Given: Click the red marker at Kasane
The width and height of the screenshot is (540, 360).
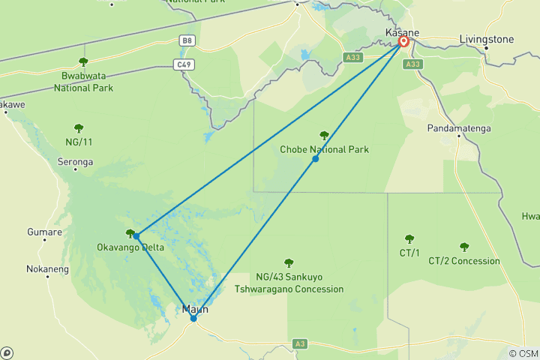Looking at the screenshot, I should click(x=403, y=42).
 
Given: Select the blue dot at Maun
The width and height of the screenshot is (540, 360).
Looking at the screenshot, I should click(x=193, y=318).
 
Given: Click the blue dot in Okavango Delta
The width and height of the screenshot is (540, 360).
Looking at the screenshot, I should click(x=136, y=235).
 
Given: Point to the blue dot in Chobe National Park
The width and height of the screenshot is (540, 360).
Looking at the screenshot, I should click(x=316, y=158).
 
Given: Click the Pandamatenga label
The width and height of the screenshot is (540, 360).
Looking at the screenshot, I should click(x=459, y=128).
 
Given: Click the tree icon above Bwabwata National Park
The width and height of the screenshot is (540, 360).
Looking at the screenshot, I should click(x=83, y=61).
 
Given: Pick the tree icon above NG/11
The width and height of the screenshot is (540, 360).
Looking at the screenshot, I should click(x=79, y=128).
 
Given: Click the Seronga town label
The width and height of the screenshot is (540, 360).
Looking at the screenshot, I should click(x=75, y=161).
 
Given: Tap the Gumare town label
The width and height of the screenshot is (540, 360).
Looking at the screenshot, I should click(x=44, y=232).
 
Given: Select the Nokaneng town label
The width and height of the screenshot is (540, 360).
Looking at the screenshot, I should click(x=47, y=268).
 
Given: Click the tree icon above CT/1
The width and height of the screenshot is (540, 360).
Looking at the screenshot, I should click(x=409, y=239).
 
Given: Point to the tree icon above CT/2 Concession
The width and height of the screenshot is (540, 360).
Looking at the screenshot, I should click(x=464, y=247).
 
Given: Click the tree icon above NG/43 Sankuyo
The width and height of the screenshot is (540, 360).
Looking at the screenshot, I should click(x=289, y=262).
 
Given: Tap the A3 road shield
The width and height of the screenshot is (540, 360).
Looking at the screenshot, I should click(x=300, y=343).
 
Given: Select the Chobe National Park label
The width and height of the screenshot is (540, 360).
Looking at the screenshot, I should click(x=324, y=149).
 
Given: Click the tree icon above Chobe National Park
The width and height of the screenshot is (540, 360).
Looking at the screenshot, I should click(x=324, y=136).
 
